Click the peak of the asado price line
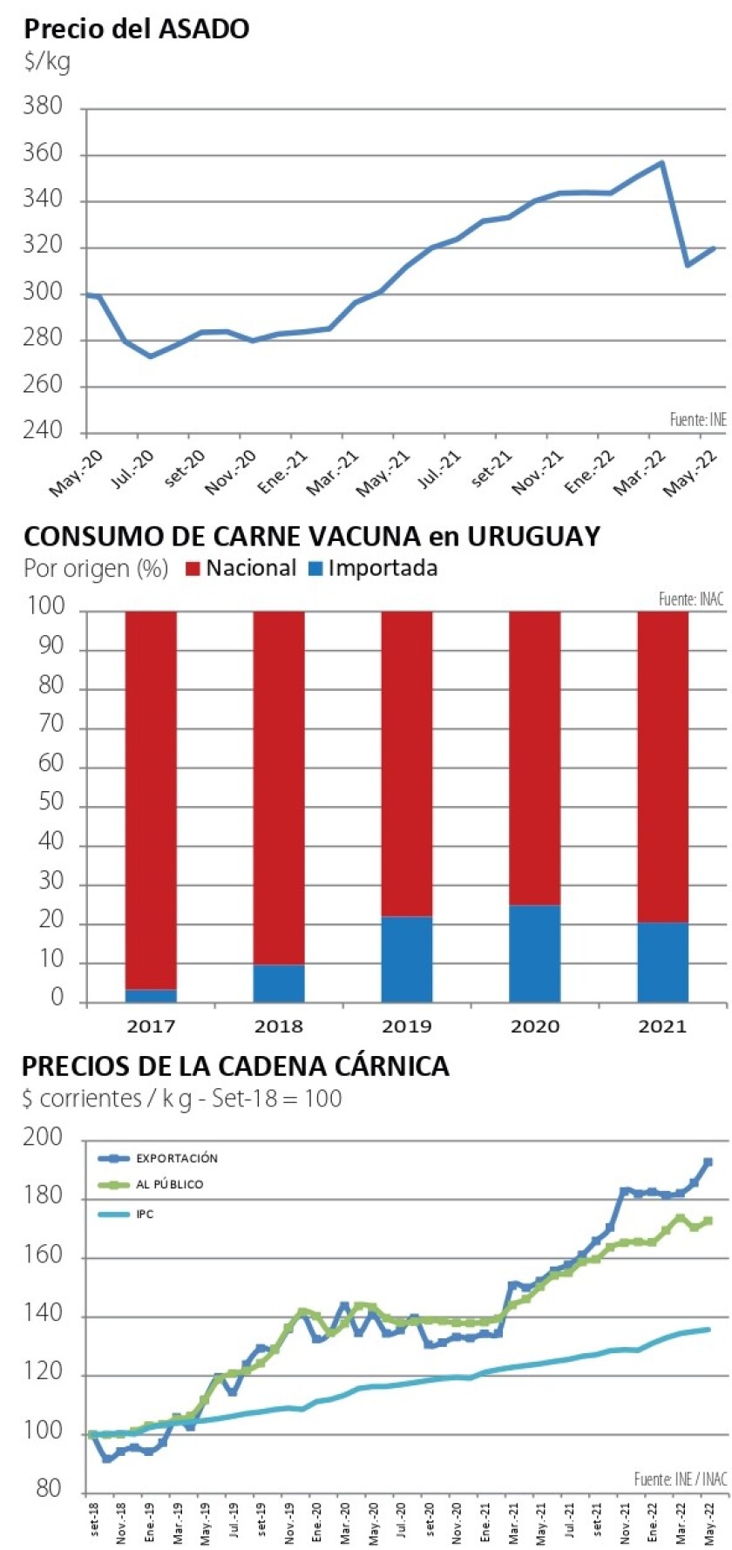pyautogui.click(x=662, y=163)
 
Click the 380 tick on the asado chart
pyautogui.click(x=43, y=106)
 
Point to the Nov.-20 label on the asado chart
pyautogui.click(x=230, y=472)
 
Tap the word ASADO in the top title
pyautogui.click(x=206, y=29)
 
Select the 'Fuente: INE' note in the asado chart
pyautogui.click(x=697, y=420)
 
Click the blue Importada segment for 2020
pyautogui.click(x=535, y=953)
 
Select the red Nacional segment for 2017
pyautogui.click(x=151, y=799)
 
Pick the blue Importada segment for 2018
pyautogui.click(x=279, y=983)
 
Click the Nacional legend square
pyautogui.click(x=193, y=569)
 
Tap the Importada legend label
pyautogui.click(x=383, y=569)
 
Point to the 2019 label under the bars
pyautogui.click(x=406, y=1026)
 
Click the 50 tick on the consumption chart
pyautogui.click(x=51, y=802)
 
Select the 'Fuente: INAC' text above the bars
pyautogui.click(x=690, y=599)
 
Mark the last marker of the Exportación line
pyautogui.click(x=708, y=1162)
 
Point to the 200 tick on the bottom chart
pyautogui.click(x=43, y=1137)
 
